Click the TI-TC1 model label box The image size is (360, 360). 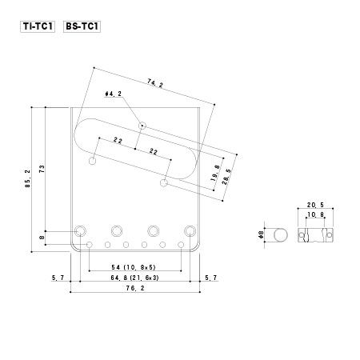pyautogui.click(x=38, y=26)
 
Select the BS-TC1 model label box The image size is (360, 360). pyautogui.click(x=82, y=26)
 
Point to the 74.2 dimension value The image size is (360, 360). pyautogui.click(x=155, y=83)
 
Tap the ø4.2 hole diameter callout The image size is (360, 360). pyautogui.click(x=114, y=94)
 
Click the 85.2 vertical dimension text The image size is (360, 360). pyautogui.click(x=28, y=178)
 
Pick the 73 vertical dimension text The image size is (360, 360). pyautogui.click(x=42, y=169)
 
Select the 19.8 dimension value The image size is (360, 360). pyautogui.click(x=215, y=173)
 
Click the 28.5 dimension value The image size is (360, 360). pyautogui.click(x=226, y=177)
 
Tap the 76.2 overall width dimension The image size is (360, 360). pyautogui.click(x=135, y=288)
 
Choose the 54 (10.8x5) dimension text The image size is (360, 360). pyautogui.click(x=134, y=267)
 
